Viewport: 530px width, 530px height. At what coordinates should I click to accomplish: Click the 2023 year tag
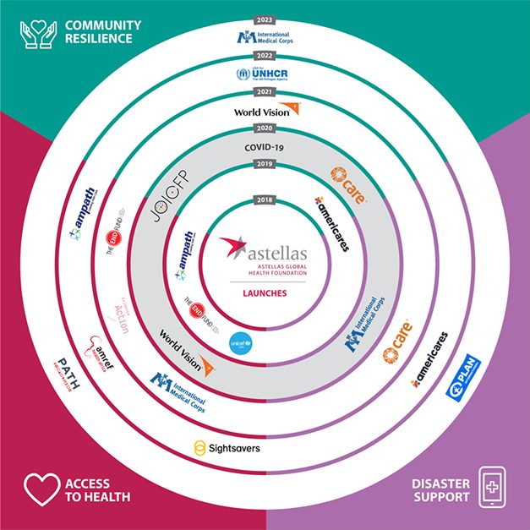pos(265,19)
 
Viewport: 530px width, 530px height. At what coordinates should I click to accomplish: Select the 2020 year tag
pos(265,128)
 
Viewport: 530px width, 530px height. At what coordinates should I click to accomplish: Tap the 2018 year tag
pos(265,200)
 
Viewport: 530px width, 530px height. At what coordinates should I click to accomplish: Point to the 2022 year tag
pos(265,57)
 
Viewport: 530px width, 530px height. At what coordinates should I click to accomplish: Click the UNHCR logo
pos(265,74)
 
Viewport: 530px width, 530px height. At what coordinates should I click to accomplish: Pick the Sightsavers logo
pos(227,445)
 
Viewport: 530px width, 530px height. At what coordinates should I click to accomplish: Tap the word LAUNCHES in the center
pos(265,293)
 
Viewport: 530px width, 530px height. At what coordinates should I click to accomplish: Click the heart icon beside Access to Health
pos(39,489)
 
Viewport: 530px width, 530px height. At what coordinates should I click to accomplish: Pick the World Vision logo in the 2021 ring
pos(265,110)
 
